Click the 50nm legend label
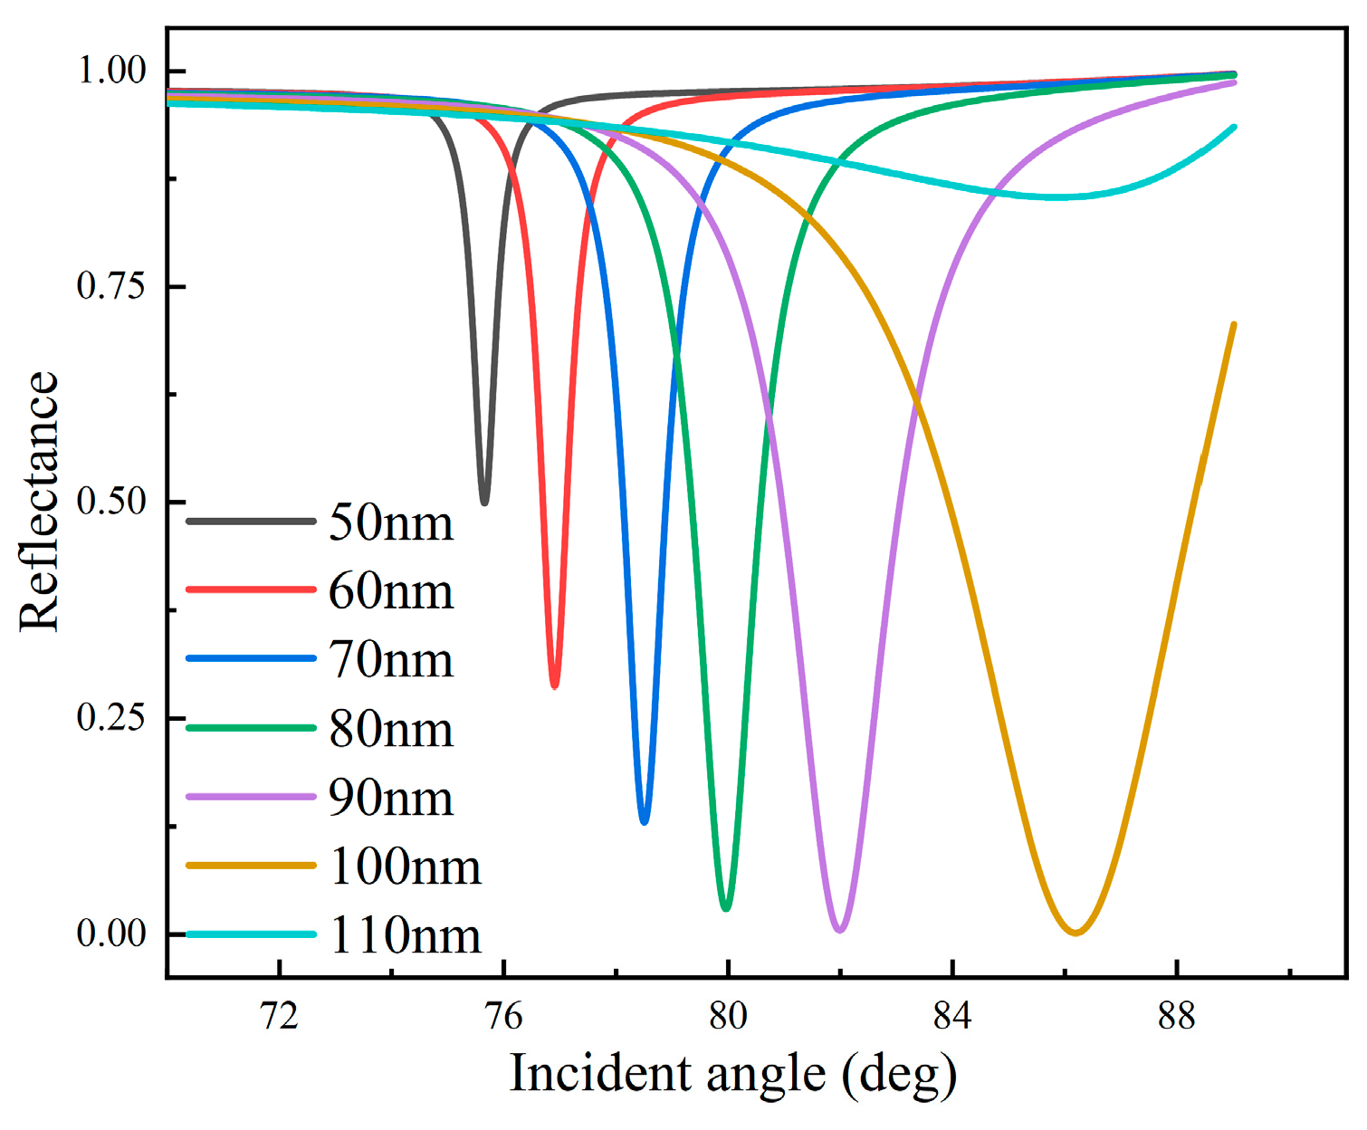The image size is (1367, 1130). (390, 523)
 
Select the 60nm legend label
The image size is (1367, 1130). (390, 591)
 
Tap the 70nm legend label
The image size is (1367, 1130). (390, 660)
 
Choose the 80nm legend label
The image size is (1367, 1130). (390, 730)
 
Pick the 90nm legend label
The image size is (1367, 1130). (390, 799)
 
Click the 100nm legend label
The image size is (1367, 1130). (405, 867)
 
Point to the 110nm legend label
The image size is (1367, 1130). (405, 935)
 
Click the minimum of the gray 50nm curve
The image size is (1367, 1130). (484, 502)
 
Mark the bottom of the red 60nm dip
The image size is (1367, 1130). (555, 685)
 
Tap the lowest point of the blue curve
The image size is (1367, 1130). (644, 820)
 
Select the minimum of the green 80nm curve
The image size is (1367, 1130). (726, 907)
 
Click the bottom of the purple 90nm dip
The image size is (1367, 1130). (840, 929)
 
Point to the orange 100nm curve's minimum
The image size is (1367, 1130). (1075, 932)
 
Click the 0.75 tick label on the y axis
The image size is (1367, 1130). (111, 286)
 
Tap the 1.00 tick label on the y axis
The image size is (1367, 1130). (111, 71)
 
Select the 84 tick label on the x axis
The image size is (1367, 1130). (952, 1017)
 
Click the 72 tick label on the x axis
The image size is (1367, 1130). (280, 1017)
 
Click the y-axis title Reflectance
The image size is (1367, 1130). (40, 502)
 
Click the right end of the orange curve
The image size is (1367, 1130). (1233, 325)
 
